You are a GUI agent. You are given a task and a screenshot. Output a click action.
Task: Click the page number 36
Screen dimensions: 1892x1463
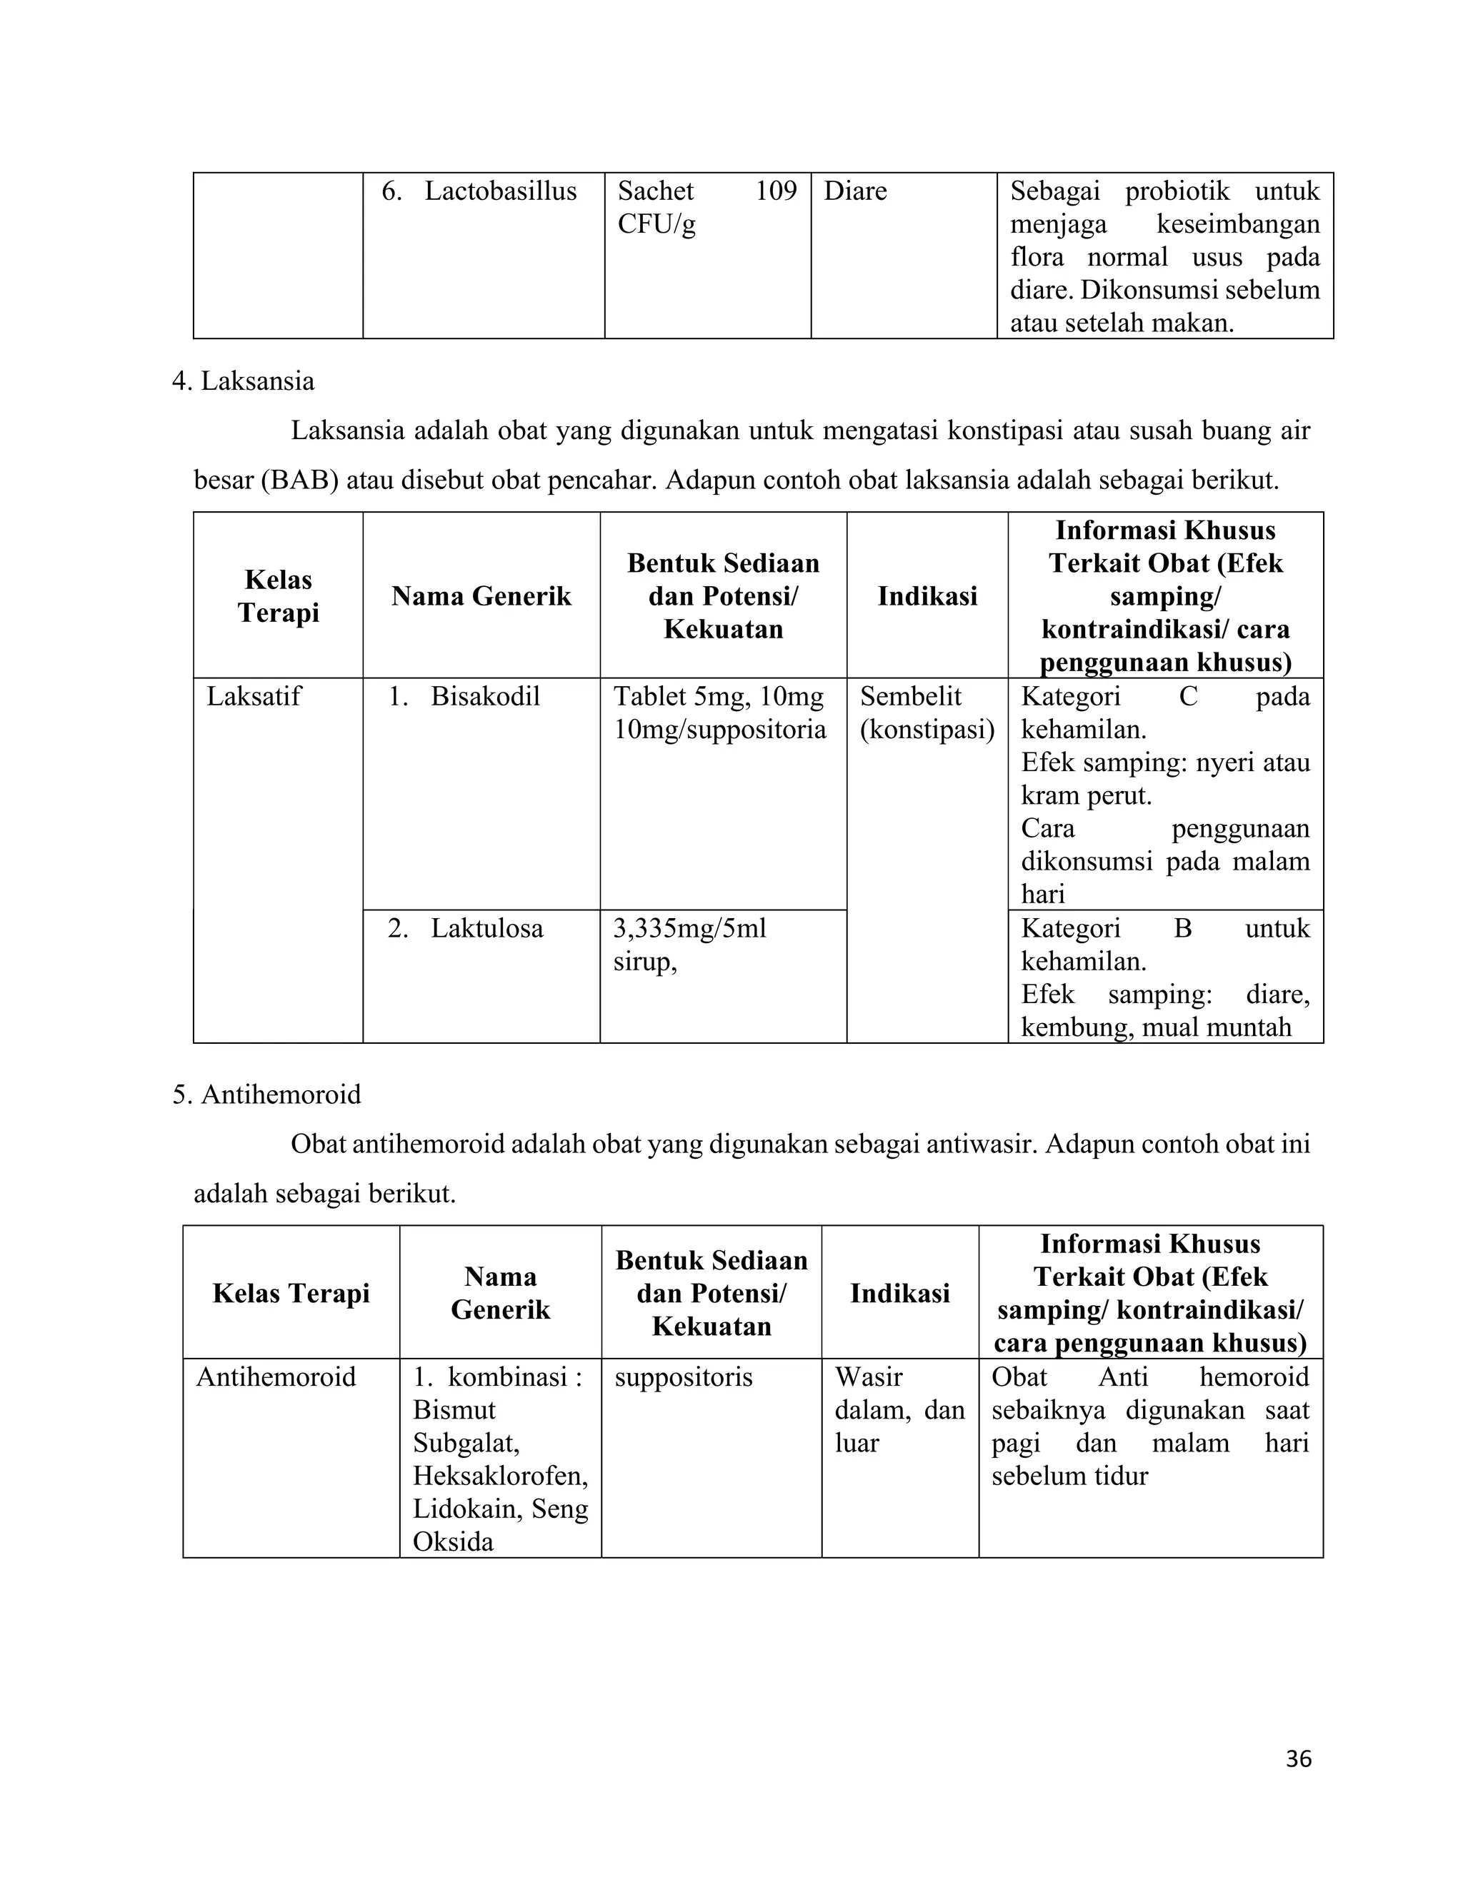pos(1298,1758)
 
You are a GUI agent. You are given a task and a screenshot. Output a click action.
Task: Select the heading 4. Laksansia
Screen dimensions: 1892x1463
pos(244,381)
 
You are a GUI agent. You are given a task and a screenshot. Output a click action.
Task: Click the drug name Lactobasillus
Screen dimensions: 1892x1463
pos(500,191)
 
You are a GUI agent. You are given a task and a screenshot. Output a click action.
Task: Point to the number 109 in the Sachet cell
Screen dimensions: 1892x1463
pos(775,191)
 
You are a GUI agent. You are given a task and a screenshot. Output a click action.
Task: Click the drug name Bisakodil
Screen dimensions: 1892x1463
pos(484,697)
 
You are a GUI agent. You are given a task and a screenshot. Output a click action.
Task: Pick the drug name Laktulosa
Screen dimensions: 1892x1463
pos(486,929)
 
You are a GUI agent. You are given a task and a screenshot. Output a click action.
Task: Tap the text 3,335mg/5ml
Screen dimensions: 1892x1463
pos(689,929)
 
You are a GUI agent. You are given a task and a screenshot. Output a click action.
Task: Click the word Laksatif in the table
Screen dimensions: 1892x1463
pos(253,697)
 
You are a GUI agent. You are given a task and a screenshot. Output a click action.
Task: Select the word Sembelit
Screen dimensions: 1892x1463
pos(910,697)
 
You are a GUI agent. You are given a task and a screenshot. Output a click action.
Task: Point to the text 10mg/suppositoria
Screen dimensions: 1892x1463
pos(719,730)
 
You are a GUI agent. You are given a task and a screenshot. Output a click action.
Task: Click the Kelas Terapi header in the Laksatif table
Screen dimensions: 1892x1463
pos(278,596)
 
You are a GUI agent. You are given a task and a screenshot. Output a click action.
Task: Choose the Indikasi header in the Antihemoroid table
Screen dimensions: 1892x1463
pos(899,1294)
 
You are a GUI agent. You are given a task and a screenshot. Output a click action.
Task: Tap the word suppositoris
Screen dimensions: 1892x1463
pos(683,1377)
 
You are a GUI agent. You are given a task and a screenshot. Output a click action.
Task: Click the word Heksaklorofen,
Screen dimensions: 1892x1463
pos(500,1476)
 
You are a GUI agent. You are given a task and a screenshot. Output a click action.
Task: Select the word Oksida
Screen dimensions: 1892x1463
pos(452,1542)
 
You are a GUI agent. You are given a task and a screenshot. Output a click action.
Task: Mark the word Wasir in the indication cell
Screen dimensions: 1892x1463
pos(869,1377)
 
